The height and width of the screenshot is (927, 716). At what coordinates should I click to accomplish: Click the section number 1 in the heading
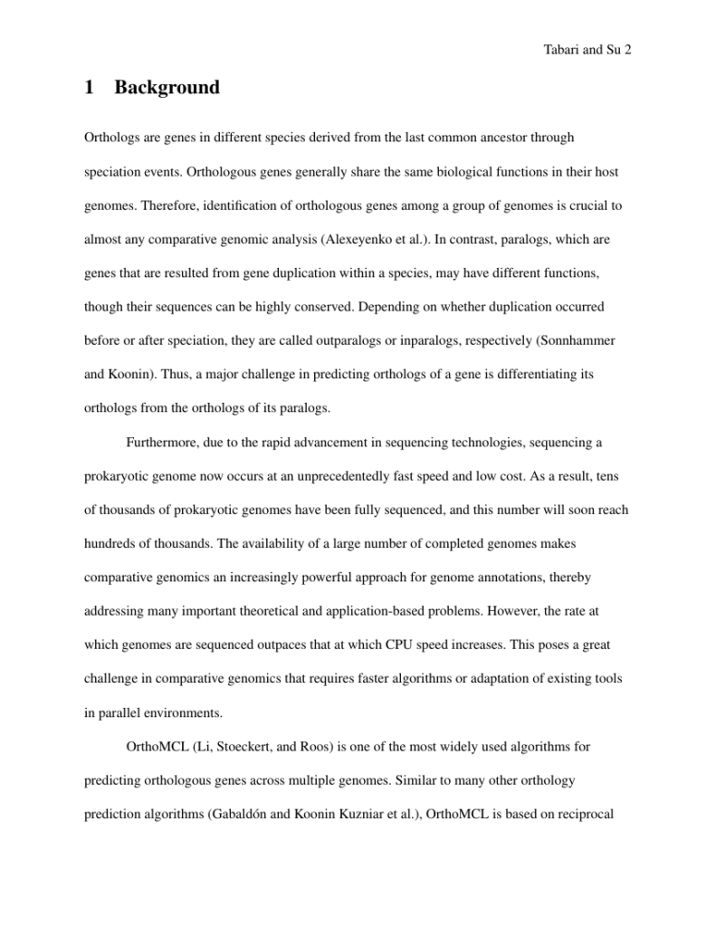point(89,88)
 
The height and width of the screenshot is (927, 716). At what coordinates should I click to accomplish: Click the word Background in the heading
point(167,88)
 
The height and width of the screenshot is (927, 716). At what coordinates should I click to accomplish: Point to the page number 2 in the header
point(626,51)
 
